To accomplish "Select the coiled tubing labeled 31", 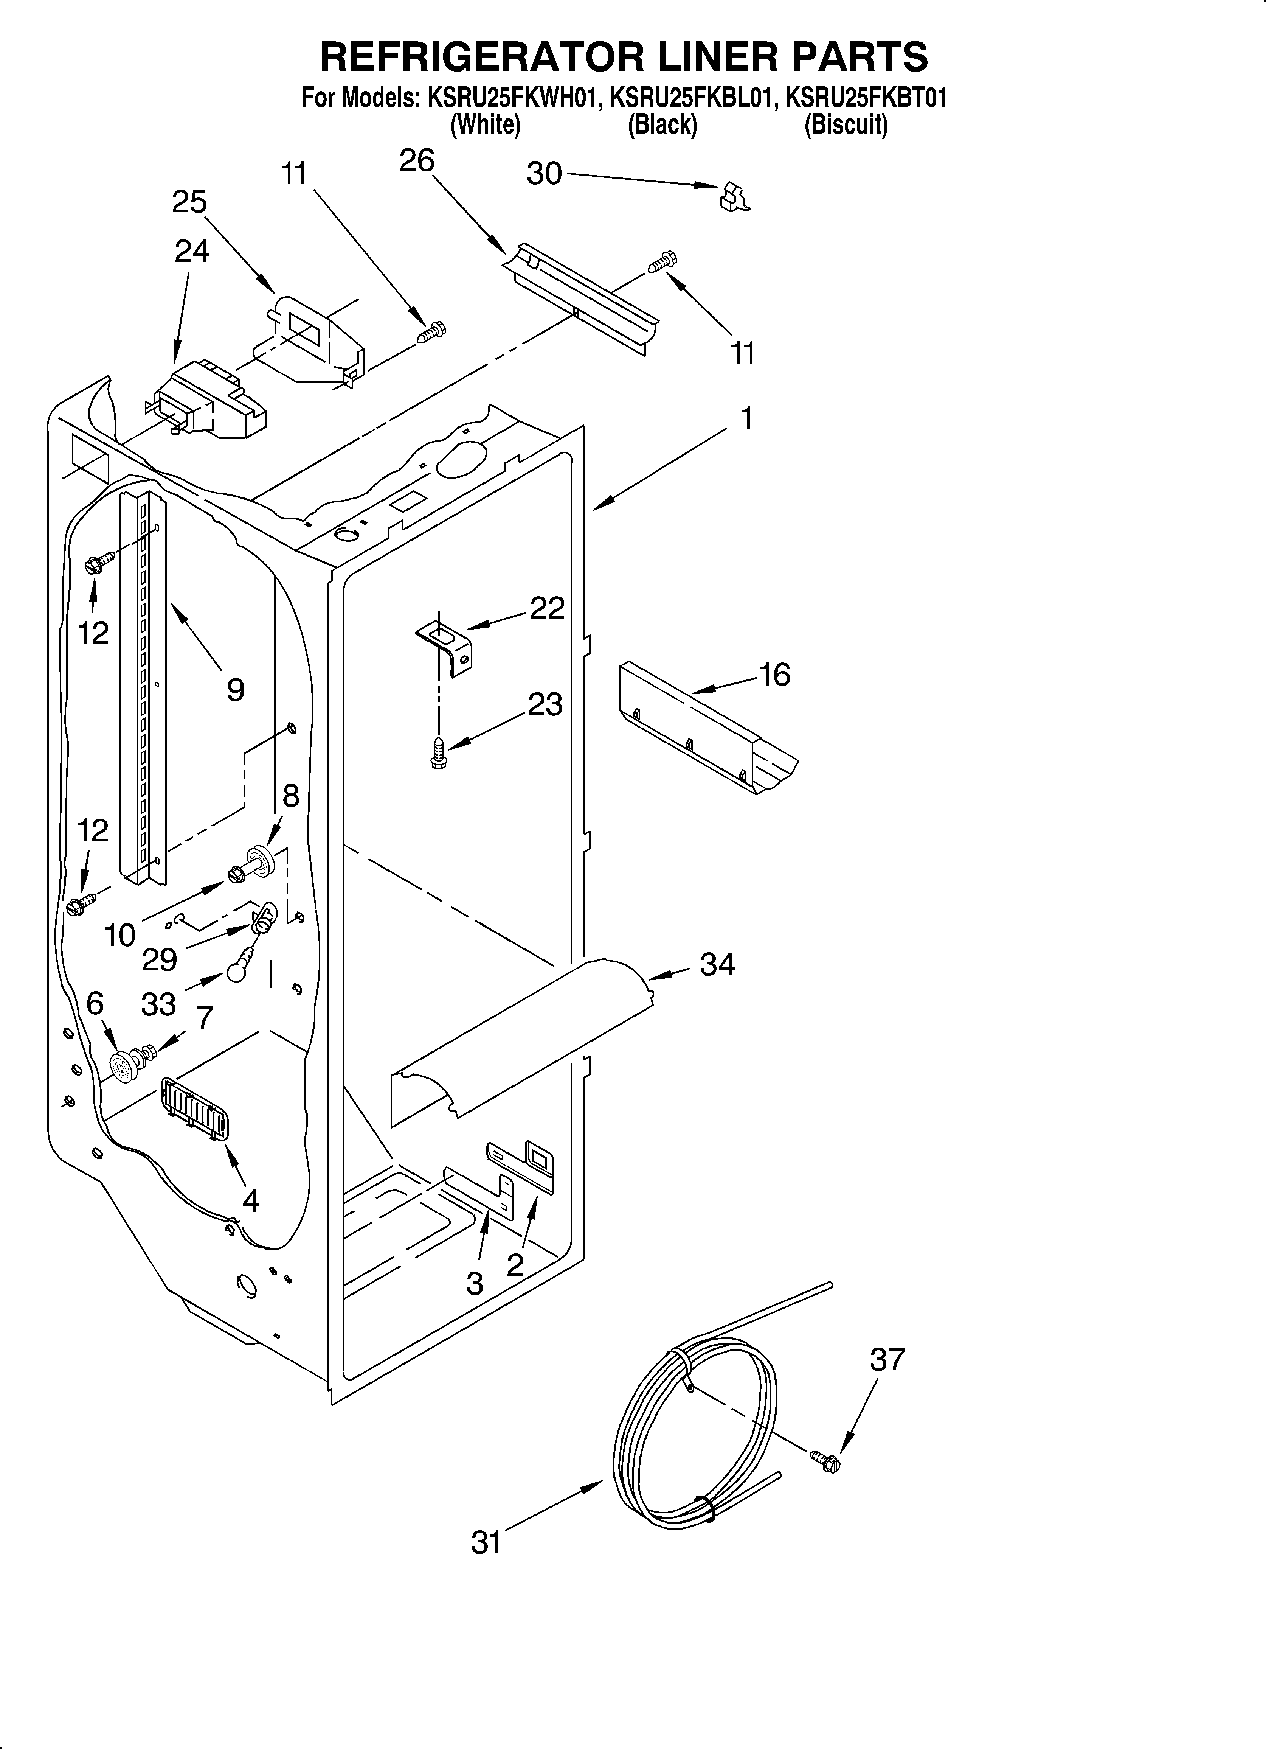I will point(694,1442).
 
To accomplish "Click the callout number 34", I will point(717,964).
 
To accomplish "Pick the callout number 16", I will point(775,675).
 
